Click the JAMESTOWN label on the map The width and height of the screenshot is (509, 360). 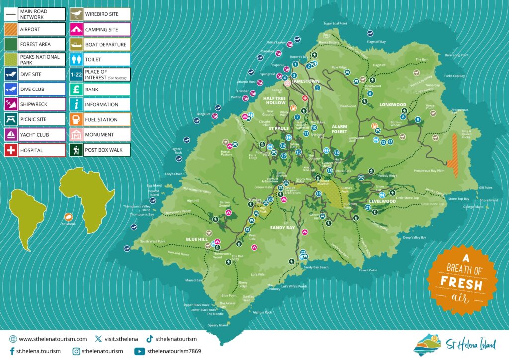(306, 81)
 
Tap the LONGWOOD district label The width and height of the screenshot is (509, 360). (393, 105)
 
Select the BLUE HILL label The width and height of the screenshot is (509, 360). (197, 239)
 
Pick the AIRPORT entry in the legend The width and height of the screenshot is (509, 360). (30, 30)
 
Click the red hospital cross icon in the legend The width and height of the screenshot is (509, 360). (10, 150)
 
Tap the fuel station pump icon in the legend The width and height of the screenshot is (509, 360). (76, 120)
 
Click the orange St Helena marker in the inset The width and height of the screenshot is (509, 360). (68, 217)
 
